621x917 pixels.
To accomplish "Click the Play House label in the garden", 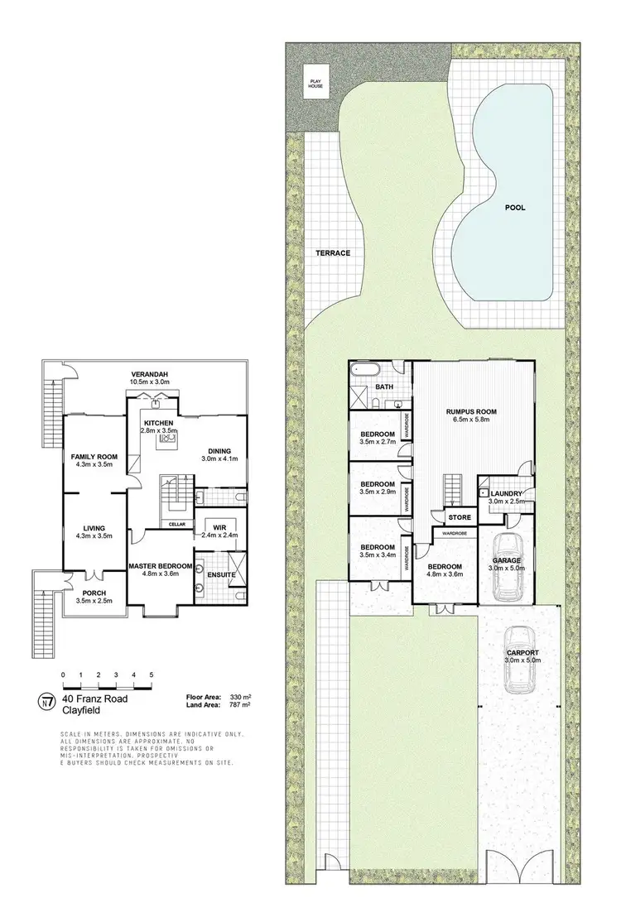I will click(x=315, y=81).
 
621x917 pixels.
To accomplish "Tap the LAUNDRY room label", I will click(x=505, y=493).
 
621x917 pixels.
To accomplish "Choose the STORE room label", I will click(x=460, y=519).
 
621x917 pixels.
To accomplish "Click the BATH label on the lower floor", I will click(x=384, y=386).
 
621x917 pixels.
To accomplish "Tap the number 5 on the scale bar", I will click(x=152, y=675).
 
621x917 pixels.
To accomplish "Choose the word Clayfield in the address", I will click(x=82, y=709).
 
